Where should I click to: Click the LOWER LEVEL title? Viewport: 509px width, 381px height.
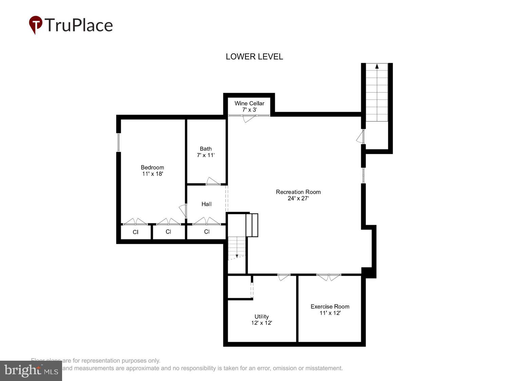pyautogui.click(x=254, y=57)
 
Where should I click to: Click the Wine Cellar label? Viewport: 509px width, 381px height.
pyautogui.click(x=249, y=103)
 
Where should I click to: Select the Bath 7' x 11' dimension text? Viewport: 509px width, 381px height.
pyautogui.click(x=206, y=155)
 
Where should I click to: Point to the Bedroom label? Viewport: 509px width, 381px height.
pyautogui.click(x=152, y=167)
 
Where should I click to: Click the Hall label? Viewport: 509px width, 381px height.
pyautogui.click(x=206, y=204)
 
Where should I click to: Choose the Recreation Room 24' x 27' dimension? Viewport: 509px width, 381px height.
pyautogui.click(x=298, y=198)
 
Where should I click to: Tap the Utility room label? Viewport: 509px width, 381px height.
pyautogui.click(x=261, y=317)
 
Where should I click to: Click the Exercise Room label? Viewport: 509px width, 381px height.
pyautogui.click(x=330, y=306)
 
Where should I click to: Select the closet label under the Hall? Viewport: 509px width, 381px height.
pyautogui.click(x=207, y=232)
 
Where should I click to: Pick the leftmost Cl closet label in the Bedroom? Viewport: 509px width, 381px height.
pyautogui.click(x=135, y=232)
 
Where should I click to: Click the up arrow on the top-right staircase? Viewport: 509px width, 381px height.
pyautogui.click(x=377, y=66)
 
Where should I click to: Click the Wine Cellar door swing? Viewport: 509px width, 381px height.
pyautogui.click(x=248, y=119)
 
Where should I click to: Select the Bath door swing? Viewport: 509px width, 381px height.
pyautogui.click(x=212, y=181)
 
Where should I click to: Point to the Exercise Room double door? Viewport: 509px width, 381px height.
pyautogui.click(x=328, y=277)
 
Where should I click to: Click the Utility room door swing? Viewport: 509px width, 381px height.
pyautogui.click(x=283, y=277)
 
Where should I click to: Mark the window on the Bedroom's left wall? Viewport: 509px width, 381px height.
pyautogui.click(x=119, y=142)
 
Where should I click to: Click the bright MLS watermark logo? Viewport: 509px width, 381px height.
pyautogui.click(x=31, y=371)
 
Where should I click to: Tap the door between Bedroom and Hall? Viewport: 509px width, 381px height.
pyautogui.click(x=184, y=211)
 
